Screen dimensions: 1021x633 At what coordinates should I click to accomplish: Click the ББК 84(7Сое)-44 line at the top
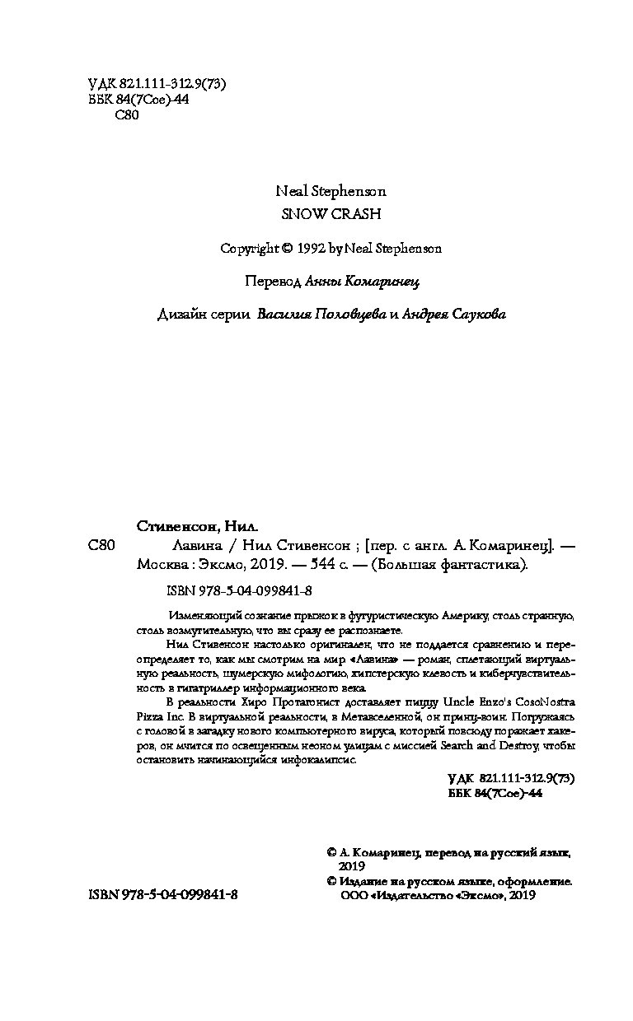point(138,100)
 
